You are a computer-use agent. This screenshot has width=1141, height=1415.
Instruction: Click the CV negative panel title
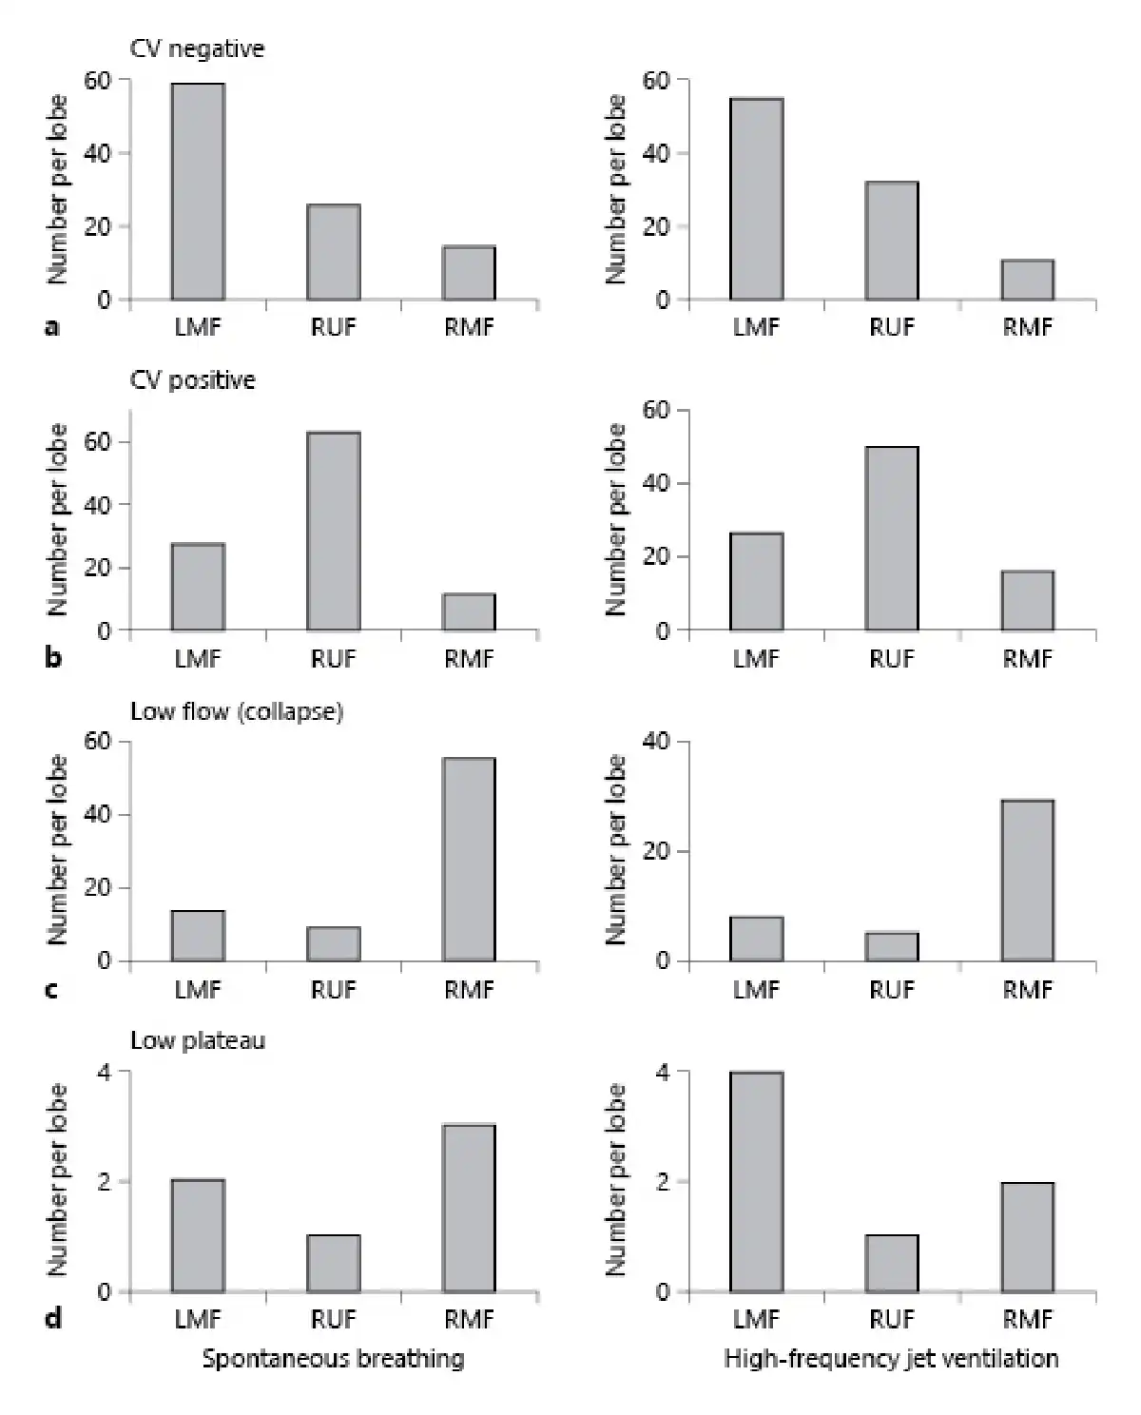(x=197, y=48)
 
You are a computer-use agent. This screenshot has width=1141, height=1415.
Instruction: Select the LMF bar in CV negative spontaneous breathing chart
(x=198, y=191)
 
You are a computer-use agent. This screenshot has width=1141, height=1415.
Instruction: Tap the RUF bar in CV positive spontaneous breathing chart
(x=333, y=531)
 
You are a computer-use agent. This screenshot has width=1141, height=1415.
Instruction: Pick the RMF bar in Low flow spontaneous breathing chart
(x=469, y=859)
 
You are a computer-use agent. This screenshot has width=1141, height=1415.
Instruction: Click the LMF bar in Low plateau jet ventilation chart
(x=756, y=1181)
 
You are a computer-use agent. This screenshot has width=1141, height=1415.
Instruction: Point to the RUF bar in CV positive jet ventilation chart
(x=891, y=538)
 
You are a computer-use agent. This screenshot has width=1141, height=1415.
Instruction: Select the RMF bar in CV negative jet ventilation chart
(x=1027, y=280)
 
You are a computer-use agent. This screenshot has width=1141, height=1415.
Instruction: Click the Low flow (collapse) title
(x=236, y=711)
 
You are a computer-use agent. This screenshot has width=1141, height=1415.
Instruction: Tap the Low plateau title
(x=197, y=1040)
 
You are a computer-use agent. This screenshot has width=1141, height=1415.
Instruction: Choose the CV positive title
(x=192, y=380)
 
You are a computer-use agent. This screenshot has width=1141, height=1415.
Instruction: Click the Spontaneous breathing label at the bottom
(x=333, y=1358)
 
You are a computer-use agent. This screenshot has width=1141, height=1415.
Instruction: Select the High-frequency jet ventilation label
(x=891, y=1358)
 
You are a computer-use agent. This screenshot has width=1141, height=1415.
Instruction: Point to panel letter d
(x=53, y=1318)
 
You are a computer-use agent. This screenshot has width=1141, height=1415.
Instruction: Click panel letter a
(x=52, y=327)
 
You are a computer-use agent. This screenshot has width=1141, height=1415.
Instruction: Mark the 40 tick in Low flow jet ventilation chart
(x=656, y=741)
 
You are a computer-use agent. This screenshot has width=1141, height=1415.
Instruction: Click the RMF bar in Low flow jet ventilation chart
(x=1027, y=880)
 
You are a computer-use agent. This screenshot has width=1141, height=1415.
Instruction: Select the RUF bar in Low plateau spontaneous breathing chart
(x=333, y=1263)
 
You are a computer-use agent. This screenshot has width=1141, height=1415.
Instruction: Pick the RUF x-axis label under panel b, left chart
(x=333, y=658)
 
